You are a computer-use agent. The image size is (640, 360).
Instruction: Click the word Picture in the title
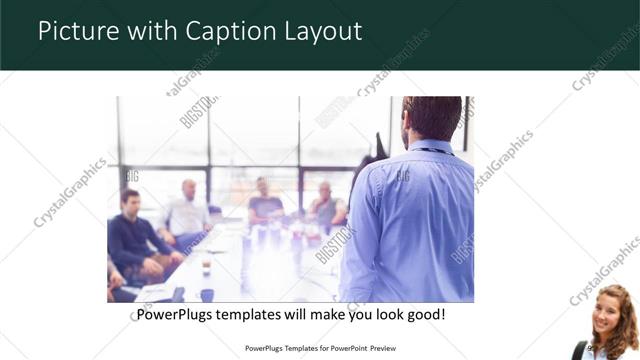click(73, 32)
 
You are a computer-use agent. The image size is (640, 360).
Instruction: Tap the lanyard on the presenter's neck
click(432, 150)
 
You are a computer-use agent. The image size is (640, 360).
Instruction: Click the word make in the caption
click(319, 314)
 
